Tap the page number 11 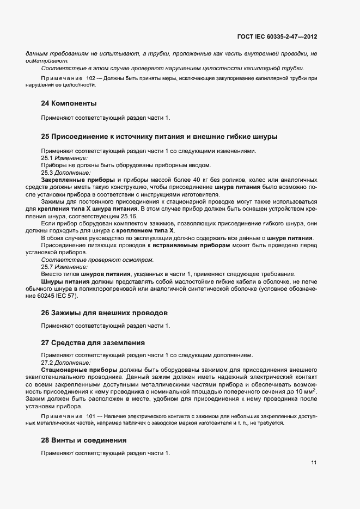(314, 463)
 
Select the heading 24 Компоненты (69, 103)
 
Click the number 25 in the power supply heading (46, 136)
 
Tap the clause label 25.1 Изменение (64, 158)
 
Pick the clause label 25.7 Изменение (64, 267)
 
